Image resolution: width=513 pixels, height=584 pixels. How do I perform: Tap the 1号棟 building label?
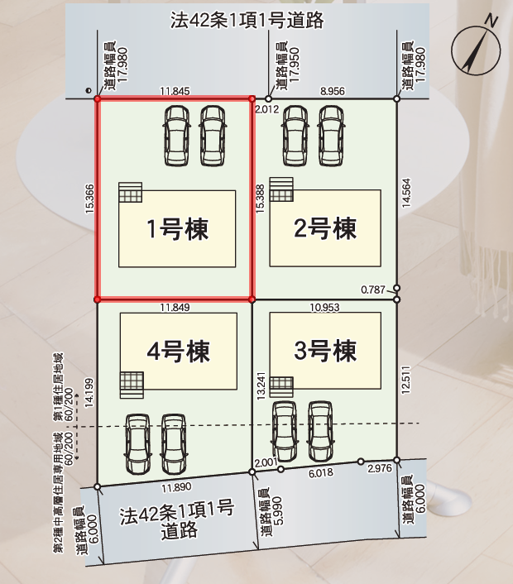177,228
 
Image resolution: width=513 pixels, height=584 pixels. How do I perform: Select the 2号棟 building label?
325,228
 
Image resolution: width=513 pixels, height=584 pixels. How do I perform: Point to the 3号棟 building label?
325,351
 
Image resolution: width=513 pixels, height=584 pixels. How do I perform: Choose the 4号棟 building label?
178,352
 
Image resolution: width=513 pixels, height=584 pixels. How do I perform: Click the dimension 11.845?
175,91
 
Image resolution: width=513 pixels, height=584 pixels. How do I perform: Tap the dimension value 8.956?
333,91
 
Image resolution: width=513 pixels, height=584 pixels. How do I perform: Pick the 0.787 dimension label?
372,290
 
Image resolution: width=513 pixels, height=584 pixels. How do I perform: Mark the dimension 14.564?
406,193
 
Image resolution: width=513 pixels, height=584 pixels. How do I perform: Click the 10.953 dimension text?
325,307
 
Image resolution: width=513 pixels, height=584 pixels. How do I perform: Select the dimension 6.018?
321,473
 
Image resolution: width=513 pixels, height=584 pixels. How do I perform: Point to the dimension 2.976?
380,468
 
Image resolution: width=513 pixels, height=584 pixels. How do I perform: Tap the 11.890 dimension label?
176,487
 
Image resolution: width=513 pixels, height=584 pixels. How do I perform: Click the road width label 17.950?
295,65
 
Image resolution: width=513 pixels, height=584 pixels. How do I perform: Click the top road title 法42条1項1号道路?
247,21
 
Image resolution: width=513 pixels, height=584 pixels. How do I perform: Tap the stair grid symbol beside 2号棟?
281,189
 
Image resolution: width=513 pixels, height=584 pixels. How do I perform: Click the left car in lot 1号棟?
176,136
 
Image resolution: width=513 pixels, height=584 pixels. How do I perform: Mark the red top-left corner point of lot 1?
98,99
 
